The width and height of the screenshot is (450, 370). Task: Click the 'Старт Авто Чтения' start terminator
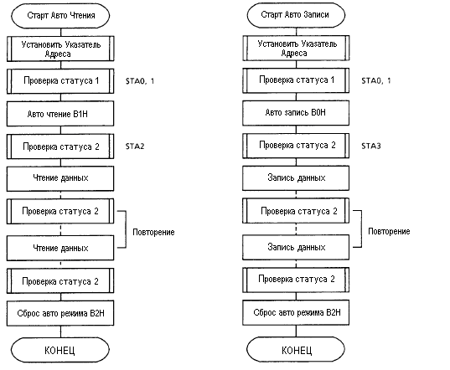point(60,16)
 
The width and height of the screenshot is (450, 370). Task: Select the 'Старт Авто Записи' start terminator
point(296,15)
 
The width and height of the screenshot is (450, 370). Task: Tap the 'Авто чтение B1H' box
point(60,114)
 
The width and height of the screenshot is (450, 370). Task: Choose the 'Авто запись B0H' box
point(296,113)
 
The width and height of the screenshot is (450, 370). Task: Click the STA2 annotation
point(135,146)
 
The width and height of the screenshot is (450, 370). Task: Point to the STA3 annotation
point(370,146)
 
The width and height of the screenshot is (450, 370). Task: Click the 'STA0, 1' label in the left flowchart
point(140,81)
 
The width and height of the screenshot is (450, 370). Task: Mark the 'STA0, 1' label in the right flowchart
point(376,80)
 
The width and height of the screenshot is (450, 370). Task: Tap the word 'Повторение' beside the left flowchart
point(153,232)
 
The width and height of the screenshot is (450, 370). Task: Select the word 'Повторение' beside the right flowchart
point(389,231)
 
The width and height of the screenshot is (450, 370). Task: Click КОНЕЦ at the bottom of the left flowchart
point(60,350)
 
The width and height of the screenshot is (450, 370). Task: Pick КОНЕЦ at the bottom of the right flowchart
point(296,350)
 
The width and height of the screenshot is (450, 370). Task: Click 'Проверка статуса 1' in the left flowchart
point(60,81)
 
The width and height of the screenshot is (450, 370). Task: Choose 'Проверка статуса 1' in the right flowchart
point(296,80)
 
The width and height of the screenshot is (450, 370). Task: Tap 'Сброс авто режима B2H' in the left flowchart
point(60,313)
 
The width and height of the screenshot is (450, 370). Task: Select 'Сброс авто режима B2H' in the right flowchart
point(296,312)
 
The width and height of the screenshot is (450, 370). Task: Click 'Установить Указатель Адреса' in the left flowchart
point(60,49)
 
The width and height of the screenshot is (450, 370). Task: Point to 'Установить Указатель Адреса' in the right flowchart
point(296,48)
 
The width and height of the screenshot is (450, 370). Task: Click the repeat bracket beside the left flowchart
point(126,229)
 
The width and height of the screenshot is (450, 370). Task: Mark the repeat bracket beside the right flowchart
point(361,229)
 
